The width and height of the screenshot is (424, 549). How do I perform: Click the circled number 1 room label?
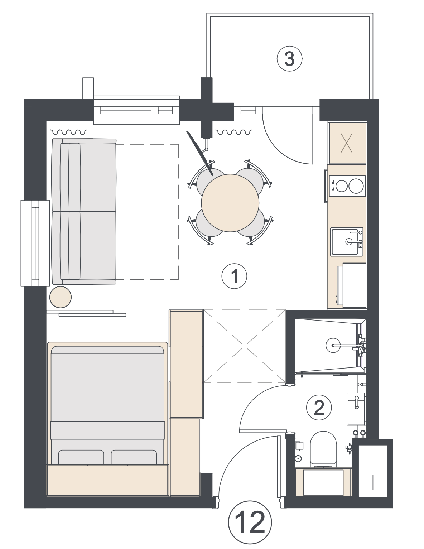[234, 276]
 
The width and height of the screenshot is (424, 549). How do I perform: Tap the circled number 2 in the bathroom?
[319, 408]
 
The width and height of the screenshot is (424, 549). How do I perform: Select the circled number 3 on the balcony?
[289, 59]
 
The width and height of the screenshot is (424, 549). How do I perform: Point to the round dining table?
[230, 203]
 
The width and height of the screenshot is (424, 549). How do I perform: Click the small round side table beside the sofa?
[61, 297]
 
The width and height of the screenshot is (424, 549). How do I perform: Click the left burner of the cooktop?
[341, 186]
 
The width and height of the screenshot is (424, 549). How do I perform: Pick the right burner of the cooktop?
[356, 186]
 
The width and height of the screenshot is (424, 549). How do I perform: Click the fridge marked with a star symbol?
[347, 143]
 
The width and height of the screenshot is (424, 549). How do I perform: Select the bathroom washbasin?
[356, 409]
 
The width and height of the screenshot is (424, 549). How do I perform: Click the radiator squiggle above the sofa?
[69, 132]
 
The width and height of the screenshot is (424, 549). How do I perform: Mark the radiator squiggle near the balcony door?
[234, 132]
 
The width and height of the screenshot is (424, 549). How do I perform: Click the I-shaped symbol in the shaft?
[373, 482]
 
